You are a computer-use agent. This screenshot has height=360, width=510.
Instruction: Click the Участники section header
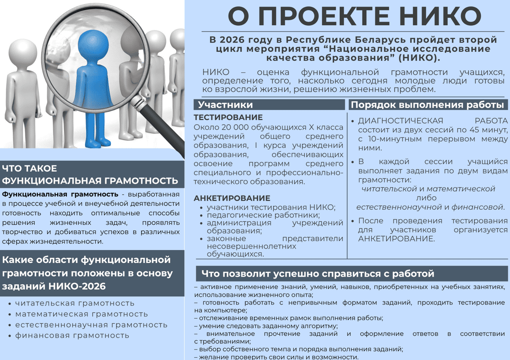point(225,105)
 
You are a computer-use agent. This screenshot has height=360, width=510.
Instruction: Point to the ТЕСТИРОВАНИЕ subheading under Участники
point(228,118)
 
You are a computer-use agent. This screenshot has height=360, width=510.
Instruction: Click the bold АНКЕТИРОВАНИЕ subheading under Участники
point(232,198)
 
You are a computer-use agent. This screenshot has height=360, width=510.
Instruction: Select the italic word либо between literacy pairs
point(426,198)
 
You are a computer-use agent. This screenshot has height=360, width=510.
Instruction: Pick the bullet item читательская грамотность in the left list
point(75,303)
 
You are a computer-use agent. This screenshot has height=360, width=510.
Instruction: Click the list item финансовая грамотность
point(72,336)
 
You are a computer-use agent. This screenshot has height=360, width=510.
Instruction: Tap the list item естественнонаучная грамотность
point(91,325)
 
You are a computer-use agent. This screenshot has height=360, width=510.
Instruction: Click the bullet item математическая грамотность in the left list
point(81,314)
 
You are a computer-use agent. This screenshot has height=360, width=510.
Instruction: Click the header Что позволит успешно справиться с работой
point(318,274)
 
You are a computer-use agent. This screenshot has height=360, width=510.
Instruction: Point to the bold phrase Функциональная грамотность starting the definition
point(60,194)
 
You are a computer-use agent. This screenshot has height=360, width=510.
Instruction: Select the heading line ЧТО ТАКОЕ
point(30,168)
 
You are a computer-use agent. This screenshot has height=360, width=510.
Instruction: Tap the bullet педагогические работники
point(263,215)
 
